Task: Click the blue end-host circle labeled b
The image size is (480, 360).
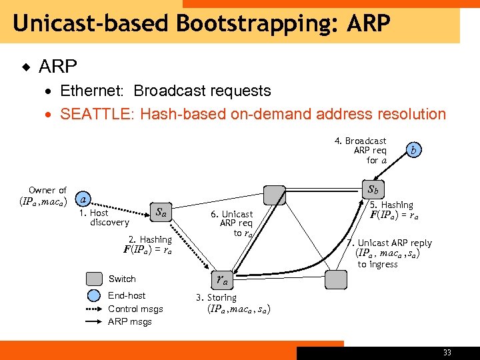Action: [414, 150]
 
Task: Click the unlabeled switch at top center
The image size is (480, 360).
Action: [275, 195]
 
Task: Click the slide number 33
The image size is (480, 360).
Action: [446, 353]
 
